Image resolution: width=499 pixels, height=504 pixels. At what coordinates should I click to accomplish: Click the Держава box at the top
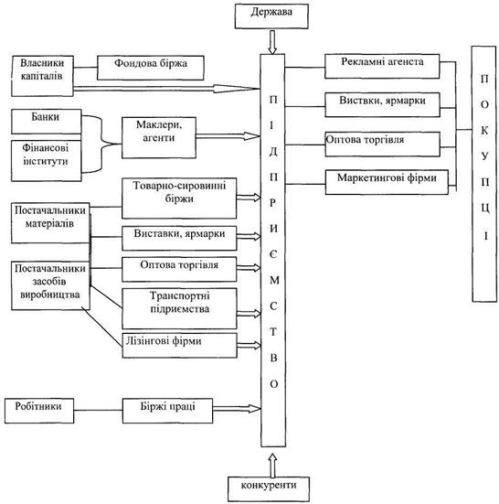(x=271, y=16)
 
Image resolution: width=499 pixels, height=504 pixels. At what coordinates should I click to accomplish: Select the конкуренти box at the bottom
(x=269, y=489)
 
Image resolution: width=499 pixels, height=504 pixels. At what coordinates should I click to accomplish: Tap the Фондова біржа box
(x=151, y=68)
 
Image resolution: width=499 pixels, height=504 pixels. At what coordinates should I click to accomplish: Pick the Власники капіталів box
(x=42, y=76)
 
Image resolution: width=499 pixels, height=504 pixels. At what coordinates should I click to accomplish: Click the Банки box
(x=47, y=122)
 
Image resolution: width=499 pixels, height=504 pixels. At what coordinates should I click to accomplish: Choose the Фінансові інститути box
(x=47, y=161)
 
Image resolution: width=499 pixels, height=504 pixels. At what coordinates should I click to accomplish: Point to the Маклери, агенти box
(x=159, y=137)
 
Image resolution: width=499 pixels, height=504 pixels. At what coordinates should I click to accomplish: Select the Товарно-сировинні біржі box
(x=179, y=198)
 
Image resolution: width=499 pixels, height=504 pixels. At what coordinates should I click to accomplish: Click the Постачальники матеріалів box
(x=50, y=223)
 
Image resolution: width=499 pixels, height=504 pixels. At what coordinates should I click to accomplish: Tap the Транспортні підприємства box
(x=179, y=308)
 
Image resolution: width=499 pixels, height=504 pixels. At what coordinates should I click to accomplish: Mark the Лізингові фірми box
(x=179, y=346)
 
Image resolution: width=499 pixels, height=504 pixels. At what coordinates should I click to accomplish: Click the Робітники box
(x=39, y=411)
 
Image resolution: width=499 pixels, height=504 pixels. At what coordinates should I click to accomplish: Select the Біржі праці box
(x=167, y=411)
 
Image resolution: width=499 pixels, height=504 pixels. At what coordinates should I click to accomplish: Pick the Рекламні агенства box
(x=382, y=66)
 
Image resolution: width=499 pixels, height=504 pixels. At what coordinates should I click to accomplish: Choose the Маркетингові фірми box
(x=387, y=182)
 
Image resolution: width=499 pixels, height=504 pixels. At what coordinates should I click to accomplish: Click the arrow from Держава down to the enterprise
(x=272, y=42)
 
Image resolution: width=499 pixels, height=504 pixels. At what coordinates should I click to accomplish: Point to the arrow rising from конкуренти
(x=272, y=466)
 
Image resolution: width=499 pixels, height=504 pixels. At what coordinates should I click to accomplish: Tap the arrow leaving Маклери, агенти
(x=228, y=136)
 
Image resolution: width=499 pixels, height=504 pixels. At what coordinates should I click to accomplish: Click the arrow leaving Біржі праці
(x=237, y=409)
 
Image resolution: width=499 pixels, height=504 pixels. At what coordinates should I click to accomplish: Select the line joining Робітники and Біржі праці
(x=98, y=410)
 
